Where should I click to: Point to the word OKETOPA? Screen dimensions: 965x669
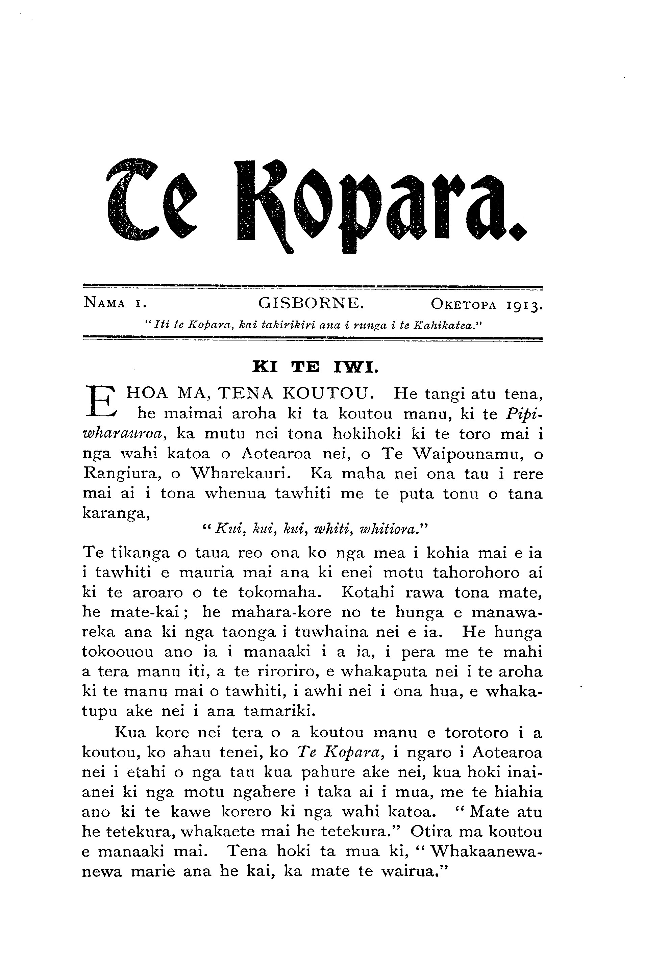pos(464,303)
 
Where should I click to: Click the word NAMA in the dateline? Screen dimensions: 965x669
pos(104,303)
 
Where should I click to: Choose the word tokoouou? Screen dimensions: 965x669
pos(118,653)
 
